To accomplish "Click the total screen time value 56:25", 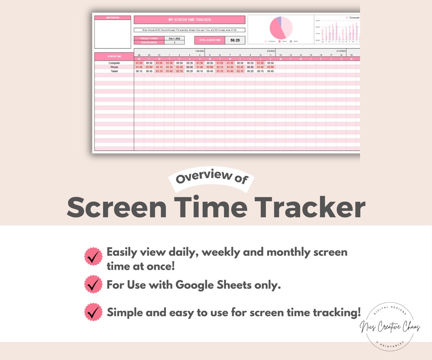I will click(x=235, y=40).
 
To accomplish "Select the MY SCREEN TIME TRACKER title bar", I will click(x=189, y=20).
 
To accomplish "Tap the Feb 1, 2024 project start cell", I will click(x=174, y=38).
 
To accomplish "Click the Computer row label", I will click(x=114, y=63).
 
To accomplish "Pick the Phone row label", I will click(x=114, y=67).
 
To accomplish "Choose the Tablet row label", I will click(x=114, y=71).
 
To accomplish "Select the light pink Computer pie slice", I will click(x=287, y=27).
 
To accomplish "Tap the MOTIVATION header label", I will click(x=113, y=17).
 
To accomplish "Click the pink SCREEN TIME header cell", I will click(x=114, y=56).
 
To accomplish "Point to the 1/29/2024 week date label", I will click(x=199, y=50).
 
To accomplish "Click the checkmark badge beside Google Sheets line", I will click(x=93, y=285).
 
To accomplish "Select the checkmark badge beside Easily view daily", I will click(x=93, y=257).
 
